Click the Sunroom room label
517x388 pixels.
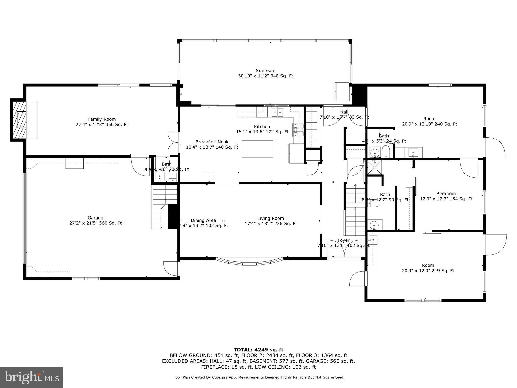[x=265, y=70]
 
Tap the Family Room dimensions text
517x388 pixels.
[x=102, y=125]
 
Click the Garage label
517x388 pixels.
[x=95, y=218]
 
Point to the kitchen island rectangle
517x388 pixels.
[x=257, y=149]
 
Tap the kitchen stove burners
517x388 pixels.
[x=298, y=130]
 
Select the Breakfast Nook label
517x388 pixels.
[x=212, y=142]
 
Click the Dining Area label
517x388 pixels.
[x=203, y=220]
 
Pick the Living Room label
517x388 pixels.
[x=271, y=218]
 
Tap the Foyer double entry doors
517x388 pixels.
[x=344, y=249]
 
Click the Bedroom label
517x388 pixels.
[x=446, y=194]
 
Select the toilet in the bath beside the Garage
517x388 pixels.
[x=173, y=175]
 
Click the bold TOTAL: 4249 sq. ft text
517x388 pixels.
[x=258, y=350]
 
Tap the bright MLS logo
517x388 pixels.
[x=31, y=377]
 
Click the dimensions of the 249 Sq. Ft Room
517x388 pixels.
[x=428, y=271]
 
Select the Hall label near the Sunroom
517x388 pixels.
[x=344, y=112]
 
